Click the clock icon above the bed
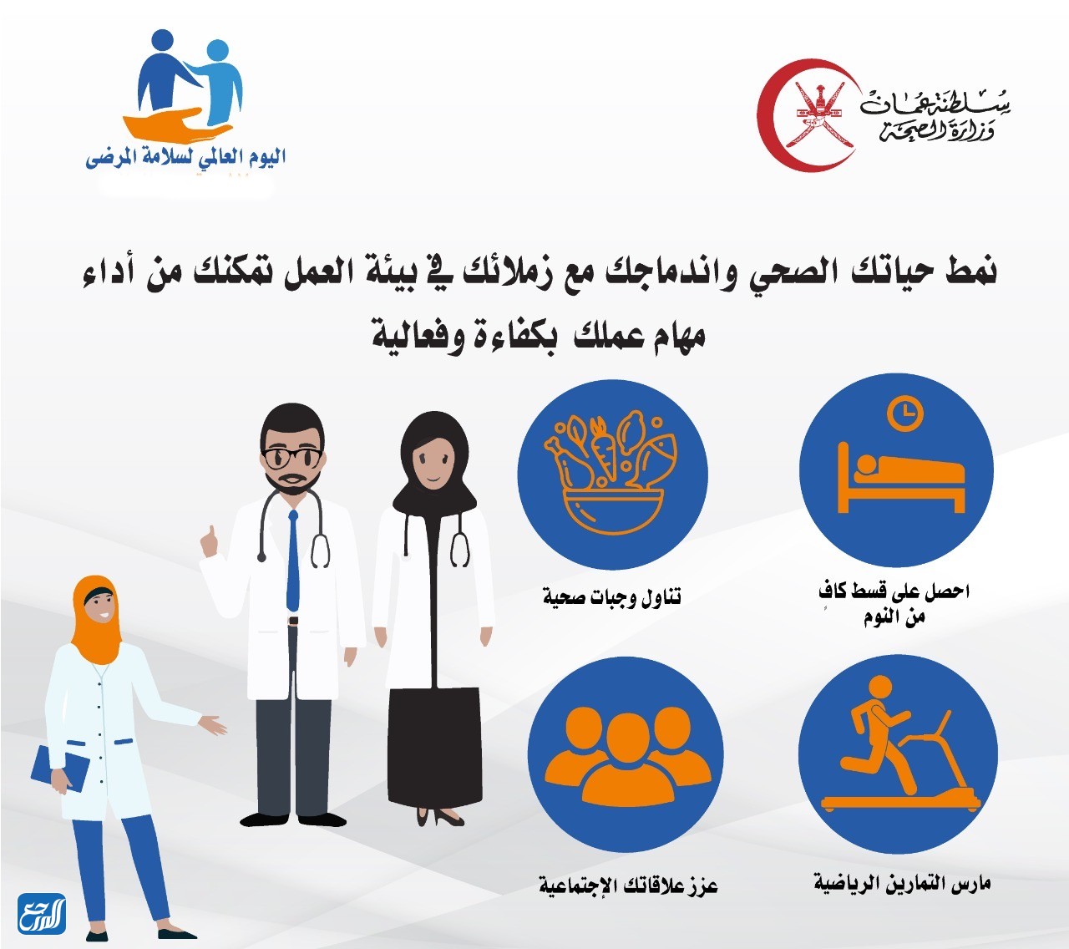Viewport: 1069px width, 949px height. tap(904, 413)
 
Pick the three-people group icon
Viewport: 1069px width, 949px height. tap(626, 756)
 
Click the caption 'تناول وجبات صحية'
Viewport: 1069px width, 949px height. tap(611, 596)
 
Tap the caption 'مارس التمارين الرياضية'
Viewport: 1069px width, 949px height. tap(902, 883)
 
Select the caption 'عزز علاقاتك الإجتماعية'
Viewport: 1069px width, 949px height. tap(628, 885)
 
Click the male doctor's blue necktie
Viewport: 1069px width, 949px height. tap(292, 560)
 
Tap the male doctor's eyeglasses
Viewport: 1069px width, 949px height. tap(291, 457)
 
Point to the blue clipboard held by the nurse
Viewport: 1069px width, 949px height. tap(61, 769)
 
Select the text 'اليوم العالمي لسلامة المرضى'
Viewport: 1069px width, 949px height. tap(185, 157)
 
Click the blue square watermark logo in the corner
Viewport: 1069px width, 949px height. tap(42, 913)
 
